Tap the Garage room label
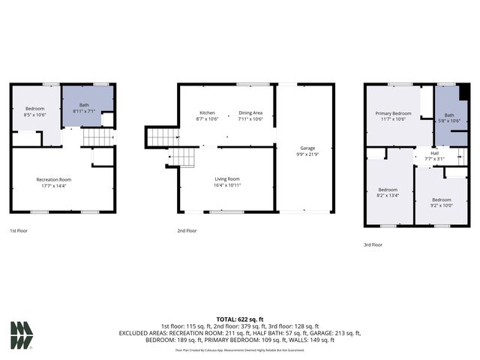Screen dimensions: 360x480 pyautogui.click(x=307, y=148)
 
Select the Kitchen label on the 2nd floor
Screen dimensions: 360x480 pyautogui.click(x=206, y=113)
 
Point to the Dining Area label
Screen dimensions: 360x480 pyautogui.click(x=250, y=113)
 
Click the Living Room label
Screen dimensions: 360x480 pyautogui.click(x=227, y=178)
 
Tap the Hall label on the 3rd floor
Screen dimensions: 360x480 pyautogui.click(x=435, y=153)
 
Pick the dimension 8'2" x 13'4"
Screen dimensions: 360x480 pyautogui.click(x=388, y=195)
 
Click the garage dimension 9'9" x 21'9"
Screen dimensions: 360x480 pyautogui.click(x=307, y=154)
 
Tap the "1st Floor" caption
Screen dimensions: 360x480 pyautogui.click(x=20, y=231)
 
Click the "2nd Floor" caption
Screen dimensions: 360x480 pyautogui.click(x=187, y=231)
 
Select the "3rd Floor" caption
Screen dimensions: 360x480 pyautogui.click(x=372, y=244)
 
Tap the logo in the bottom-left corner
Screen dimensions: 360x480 pyautogui.click(x=22, y=335)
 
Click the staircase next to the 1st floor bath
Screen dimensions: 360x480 pyautogui.click(x=96, y=137)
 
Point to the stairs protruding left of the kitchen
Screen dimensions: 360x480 pyautogui.click(x=160, y=137)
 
